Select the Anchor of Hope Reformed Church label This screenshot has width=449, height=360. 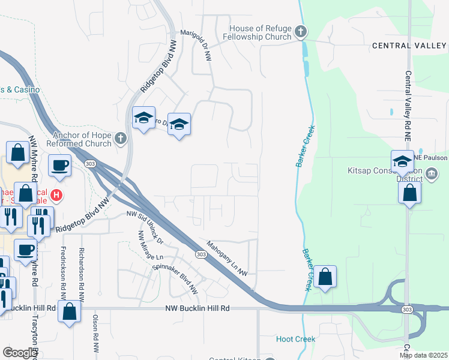point(82,139)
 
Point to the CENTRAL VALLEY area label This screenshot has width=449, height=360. point(409,46)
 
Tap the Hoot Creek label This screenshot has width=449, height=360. point(295,339)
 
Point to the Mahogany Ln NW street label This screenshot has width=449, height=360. point(228,258)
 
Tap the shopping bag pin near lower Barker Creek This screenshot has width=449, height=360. point(325,277)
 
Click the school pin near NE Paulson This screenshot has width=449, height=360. point(402,161)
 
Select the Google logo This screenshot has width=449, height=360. point(19,353)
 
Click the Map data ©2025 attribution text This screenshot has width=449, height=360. point(423,355)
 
